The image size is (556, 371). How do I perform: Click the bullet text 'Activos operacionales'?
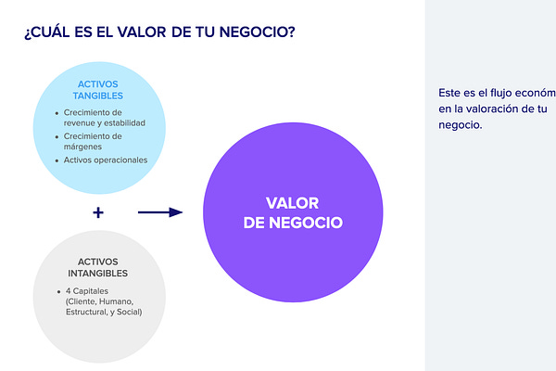pyautogui.click(x=106, y=160)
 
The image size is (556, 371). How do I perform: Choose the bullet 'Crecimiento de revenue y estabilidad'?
pyautogui.click(x=103, y=117)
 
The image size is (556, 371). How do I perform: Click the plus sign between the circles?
pyautogui.click(x=98, y=212)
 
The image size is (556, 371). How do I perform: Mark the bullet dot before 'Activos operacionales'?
pyautogui.click(x=57, y=160)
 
